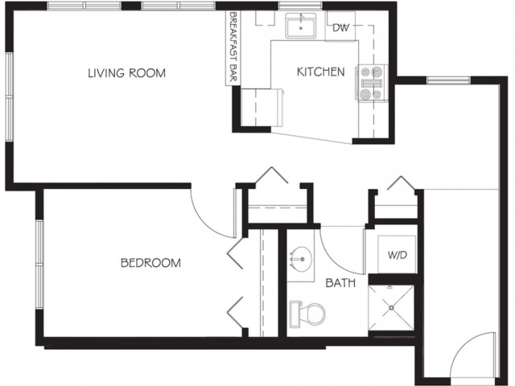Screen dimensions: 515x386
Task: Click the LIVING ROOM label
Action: (x=127, y=73)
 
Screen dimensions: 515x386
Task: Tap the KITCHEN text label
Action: (x=320, y=72)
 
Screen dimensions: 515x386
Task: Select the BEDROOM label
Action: (x=150, y=263)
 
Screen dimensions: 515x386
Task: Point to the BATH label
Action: (x=340, y=282)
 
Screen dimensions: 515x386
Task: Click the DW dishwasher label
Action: (x=340, y=28)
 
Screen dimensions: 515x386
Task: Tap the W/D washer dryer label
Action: (x=398, y=255)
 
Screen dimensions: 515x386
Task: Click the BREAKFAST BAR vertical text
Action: (x=233, y=47)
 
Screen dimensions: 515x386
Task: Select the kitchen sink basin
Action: (x=300, y=26)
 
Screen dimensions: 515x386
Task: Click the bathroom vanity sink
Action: (x=300, y=259)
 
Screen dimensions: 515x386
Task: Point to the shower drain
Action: (x=392, y=308)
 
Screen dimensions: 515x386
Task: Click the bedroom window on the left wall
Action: (x=39, y=265)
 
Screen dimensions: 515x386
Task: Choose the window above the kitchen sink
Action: (x=300, y=5)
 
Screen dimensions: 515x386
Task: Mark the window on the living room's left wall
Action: (x=9, y=97)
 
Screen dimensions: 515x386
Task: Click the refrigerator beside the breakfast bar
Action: (x=262, y=107)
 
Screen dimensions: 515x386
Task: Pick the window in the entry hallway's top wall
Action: (x=449, y=80)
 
